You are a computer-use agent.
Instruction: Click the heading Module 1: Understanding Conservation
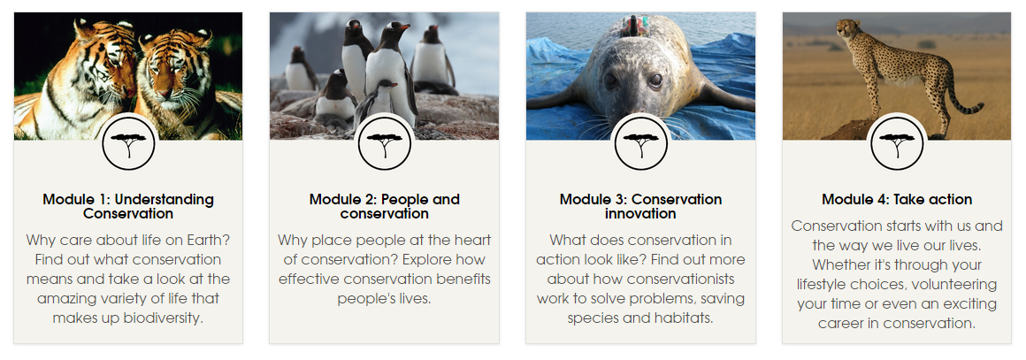pos(128,206)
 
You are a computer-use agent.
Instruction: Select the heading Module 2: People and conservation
pos(384,206)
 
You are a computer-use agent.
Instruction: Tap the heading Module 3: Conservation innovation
pos(640,206)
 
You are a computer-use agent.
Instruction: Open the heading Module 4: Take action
pos(897,199)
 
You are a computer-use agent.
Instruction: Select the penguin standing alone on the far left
pos(301,68)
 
